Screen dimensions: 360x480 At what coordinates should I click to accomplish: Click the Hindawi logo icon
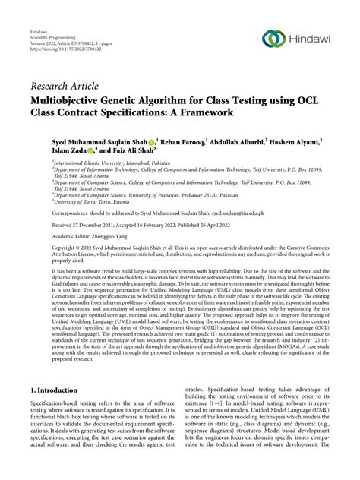pyautogui.click(x=272, y=39)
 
